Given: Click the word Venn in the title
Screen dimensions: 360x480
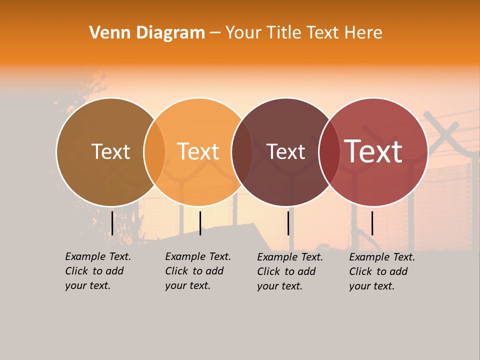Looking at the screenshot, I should tap(106, 33).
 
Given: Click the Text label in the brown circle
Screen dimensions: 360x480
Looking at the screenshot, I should tap(110, 151).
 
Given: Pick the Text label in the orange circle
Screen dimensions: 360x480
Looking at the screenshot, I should tap(198, 151).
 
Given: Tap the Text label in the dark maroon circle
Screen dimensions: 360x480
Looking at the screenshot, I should tap(285, 151).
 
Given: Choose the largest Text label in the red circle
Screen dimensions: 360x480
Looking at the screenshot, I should tap(373, 151).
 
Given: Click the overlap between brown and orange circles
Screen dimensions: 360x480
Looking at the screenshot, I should tap(154, 151).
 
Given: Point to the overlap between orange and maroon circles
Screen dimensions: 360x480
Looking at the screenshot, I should tap(242, 151).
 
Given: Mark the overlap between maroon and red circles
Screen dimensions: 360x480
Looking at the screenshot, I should tap(329, 151).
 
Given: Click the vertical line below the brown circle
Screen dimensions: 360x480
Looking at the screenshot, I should tap(112, 223).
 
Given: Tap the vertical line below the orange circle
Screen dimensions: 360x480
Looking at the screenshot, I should tap(200, 223).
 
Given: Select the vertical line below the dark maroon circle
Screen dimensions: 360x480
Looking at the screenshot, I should tap(288, 223).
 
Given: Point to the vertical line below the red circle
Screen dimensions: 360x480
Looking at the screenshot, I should tap(372, 223).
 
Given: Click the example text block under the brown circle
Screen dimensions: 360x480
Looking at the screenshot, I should tap(97, 271).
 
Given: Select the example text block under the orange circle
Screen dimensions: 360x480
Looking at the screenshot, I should tap(197, 271).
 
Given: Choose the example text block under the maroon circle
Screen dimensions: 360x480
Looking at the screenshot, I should tap(289, 271).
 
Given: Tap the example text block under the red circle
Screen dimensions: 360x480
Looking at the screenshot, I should tap(381, 271).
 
